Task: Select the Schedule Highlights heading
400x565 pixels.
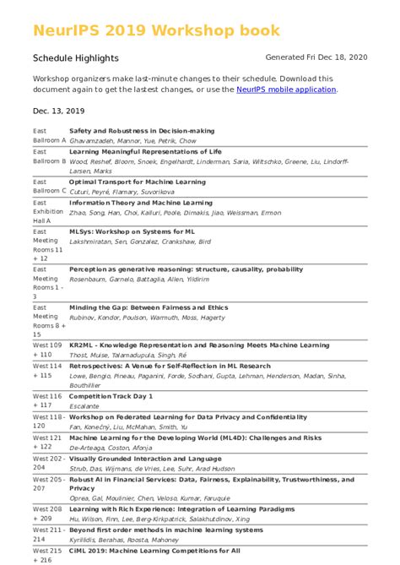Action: (x=76, y=58)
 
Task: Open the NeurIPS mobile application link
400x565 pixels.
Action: (x=286, y=90)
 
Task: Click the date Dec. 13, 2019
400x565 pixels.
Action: (x=58, y=111)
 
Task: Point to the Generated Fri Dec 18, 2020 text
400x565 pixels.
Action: (x=316, y=57)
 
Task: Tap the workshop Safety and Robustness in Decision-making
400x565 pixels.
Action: (x=142, y=131)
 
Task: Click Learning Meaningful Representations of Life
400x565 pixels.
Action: (x=146, y=151)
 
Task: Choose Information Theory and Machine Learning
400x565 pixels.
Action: (x=141, y=203)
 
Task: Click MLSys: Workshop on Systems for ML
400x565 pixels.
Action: (x=132, y=231)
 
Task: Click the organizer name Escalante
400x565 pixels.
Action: (x=84, y=405)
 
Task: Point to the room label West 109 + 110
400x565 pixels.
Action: (x=47, y=350)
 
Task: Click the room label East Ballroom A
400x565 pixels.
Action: (x=49, y=136)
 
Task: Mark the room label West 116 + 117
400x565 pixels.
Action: (x=47, y=400)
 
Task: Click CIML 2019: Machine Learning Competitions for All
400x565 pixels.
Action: (x=154, y=551)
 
